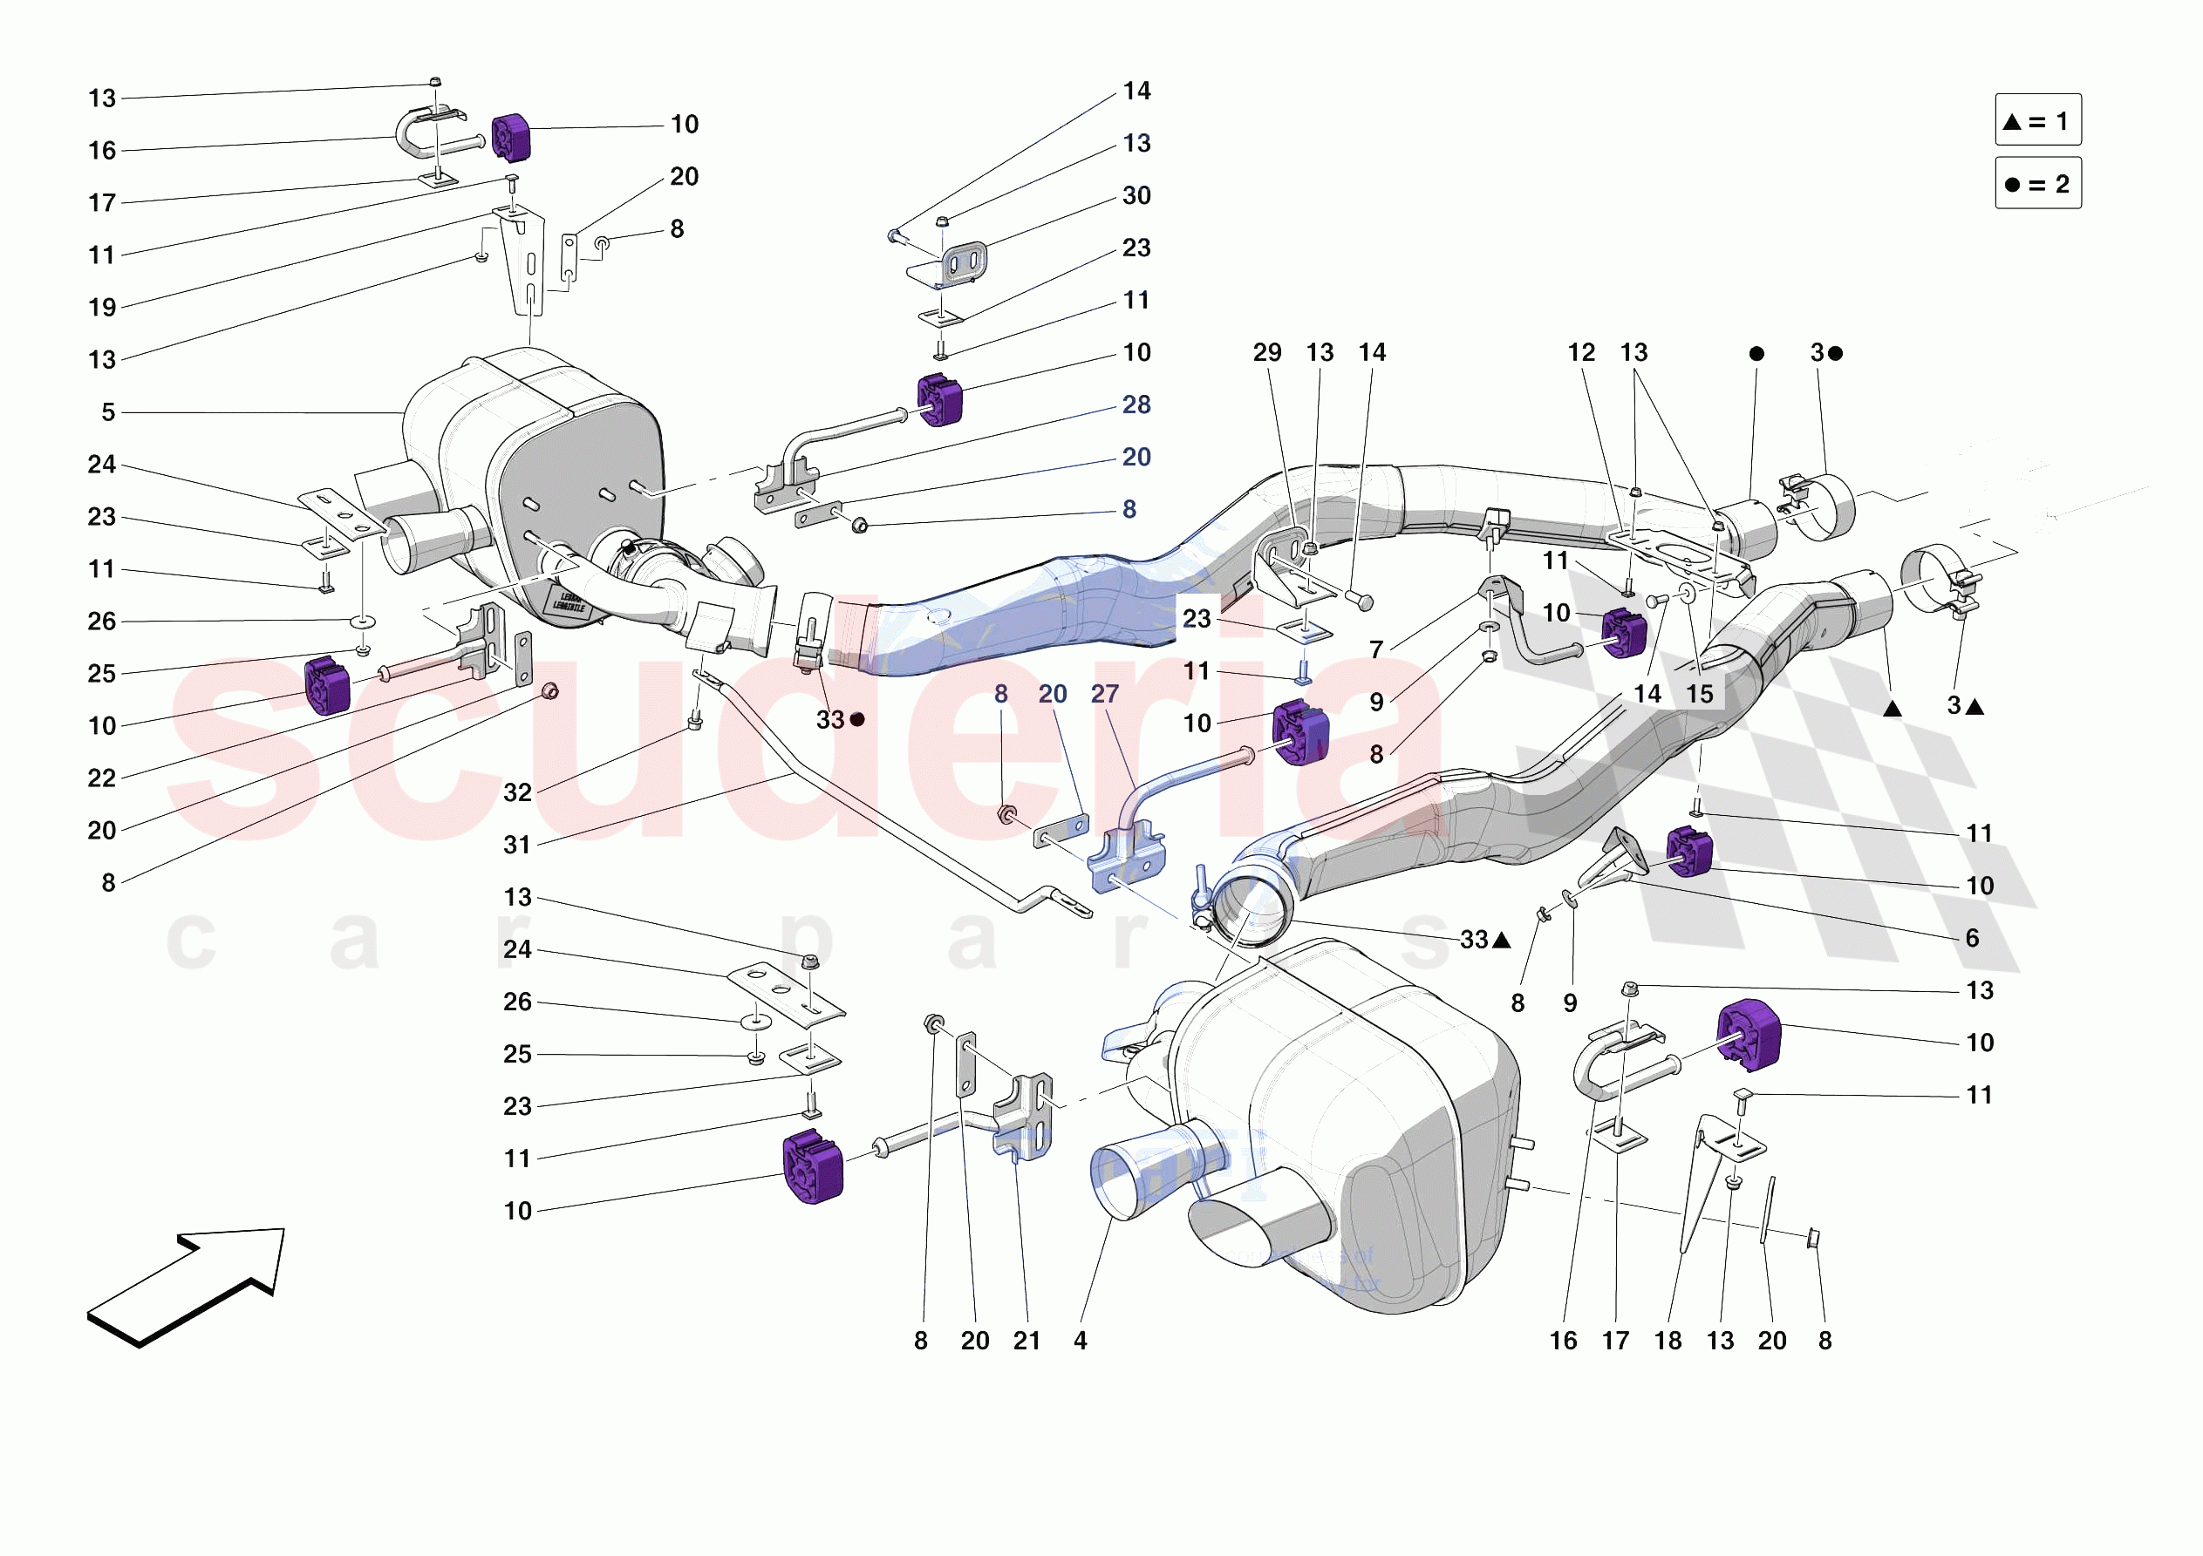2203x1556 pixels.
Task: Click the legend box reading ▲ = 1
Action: coord(2037,121)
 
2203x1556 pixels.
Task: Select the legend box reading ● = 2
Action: coord(2037,183)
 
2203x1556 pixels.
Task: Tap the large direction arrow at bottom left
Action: coord(185,1286)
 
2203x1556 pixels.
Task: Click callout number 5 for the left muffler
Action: coord(108,412)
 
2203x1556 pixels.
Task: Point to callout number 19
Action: coord(102,308)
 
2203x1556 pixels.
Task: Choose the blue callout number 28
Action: coord(1136,404)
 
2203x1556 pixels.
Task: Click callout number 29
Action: coord(1266,353)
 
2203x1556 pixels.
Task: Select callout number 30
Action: coord(1136,196)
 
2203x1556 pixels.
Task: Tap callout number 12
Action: coord(1581,353)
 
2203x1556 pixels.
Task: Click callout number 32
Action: coord(517,792)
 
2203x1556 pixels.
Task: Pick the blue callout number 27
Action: coord(1104,694)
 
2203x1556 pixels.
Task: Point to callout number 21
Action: coord(1026,1341)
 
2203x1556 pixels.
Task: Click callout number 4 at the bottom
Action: coord(1081,1341)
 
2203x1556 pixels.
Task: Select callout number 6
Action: coord(1972,938)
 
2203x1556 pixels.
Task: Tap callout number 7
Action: coord(1376,650)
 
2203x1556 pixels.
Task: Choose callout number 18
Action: coord(1668,1341)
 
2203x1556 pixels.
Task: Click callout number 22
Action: coord(102,778)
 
